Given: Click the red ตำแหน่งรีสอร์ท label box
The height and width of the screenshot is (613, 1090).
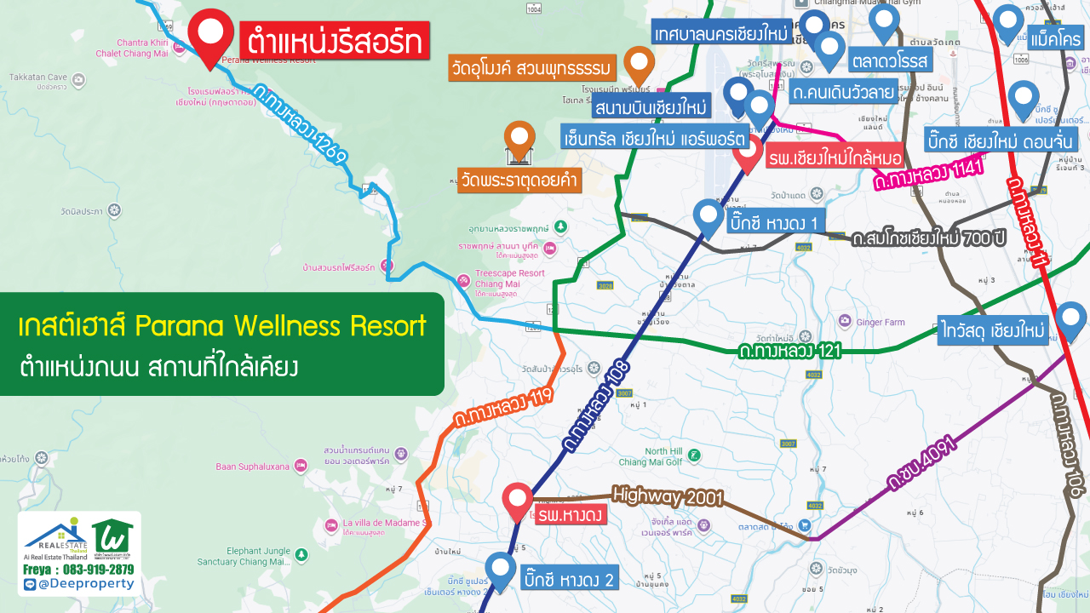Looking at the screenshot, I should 334,41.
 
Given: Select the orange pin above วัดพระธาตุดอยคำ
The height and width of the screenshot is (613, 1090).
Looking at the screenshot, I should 519,140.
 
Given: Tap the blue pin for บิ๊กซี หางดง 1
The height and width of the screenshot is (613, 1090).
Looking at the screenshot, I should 708,216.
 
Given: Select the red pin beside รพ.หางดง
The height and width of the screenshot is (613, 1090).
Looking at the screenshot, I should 517,500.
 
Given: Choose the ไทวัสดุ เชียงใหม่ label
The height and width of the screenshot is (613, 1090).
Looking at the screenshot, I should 993,329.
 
